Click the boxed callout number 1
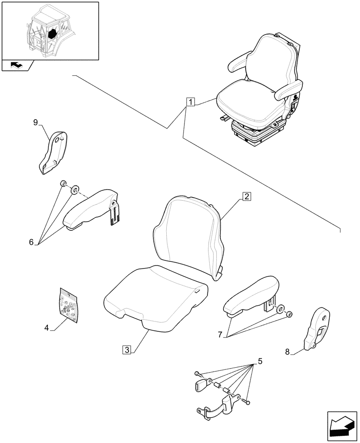[190, 103]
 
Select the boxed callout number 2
[247, 196]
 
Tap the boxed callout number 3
[127, 350]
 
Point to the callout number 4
[46, 328]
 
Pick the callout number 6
[31, 242]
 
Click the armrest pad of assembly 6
[89, 210]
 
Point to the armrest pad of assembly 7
[250, 295]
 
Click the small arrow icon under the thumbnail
[17, 66]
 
